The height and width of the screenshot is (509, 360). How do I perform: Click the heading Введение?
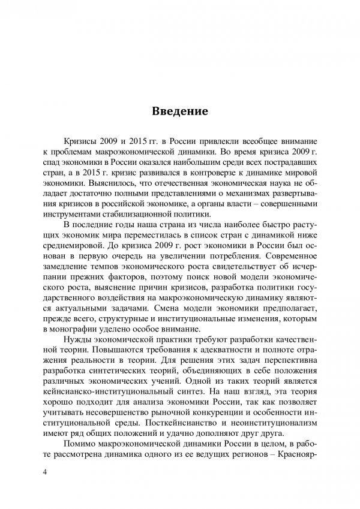point(180,111)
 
